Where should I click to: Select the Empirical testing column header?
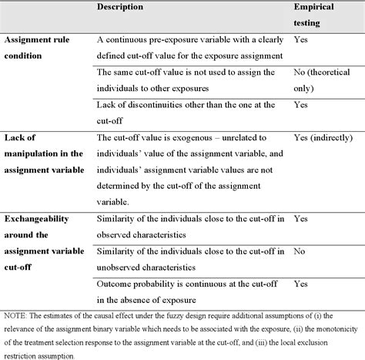pos(317,15)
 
